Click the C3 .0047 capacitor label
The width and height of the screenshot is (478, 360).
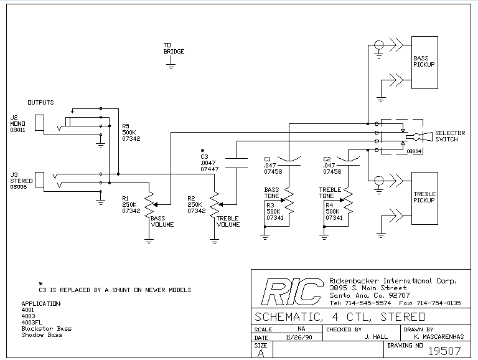coord(209,163)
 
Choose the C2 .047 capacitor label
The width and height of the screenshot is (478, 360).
coord(332,165)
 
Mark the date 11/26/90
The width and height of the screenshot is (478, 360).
coord(296,336)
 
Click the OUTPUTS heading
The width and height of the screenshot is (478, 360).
coord(40,102)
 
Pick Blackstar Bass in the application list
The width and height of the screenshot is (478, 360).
coord(46,328)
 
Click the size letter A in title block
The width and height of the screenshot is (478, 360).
coord(261,353)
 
